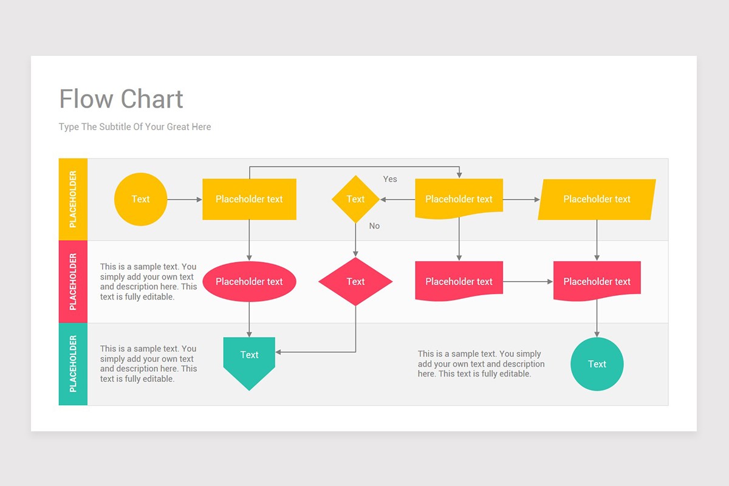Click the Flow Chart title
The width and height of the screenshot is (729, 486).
coord(121,99)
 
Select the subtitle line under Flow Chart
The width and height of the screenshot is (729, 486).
coord(135,127)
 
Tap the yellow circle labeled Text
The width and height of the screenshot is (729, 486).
coord(140,199)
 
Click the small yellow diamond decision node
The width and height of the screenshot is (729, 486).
coord(355,199)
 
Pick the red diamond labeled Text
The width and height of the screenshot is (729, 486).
coord(355,281)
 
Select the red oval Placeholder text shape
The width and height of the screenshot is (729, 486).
coord(249,281)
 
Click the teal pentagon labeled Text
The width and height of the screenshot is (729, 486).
coord(249,360)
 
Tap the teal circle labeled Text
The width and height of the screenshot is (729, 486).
coord(597,364)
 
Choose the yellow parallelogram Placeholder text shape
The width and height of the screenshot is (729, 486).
coord(597,199)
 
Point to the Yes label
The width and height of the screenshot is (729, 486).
coord(390,179)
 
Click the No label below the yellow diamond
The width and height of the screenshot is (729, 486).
coord(374,226)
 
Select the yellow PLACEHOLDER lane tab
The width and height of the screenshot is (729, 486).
coord(73,199)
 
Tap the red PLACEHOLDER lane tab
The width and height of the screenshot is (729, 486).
coord(73,281)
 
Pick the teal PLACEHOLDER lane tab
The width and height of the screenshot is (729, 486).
coord(73,364)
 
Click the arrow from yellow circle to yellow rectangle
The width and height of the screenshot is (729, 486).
coord(184,199)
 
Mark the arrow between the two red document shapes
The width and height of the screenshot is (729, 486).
coord(527,281)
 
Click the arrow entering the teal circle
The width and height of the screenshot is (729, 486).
coord(597,319)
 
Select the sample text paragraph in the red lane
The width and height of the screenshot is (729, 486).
coord(148,281)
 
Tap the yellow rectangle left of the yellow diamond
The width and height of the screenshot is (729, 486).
coord(249,199)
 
